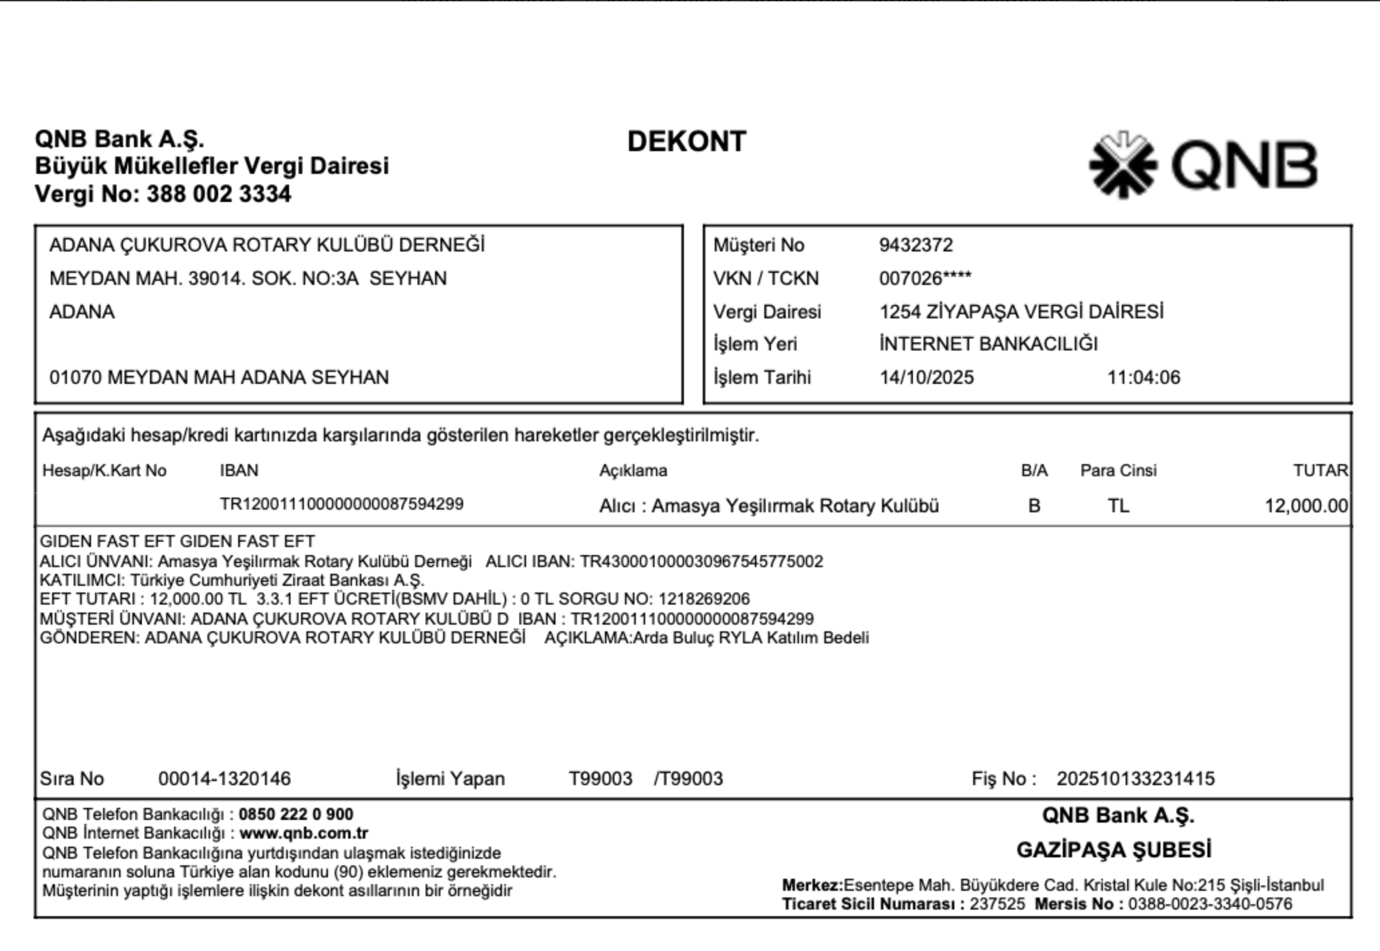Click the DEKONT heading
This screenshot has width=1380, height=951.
pyautogui.click(x=687, y=142)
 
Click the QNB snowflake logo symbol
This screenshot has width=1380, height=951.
pyautogui.click(x=1122, y=165)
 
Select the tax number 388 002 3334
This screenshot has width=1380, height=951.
pyautogui.click(x=219, y=195)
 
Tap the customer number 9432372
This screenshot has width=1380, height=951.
pyautogui.click(x=916, y=245)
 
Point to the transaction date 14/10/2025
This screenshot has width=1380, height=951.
pyautogui.click(x=926, y=378)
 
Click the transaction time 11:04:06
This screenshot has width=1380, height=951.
pyautogui.click(x=1144, y=378)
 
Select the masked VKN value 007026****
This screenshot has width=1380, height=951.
pyautogui.click(x=925, y=278)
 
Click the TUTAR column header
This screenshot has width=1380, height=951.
pyautogui.click(x=1320, y=471)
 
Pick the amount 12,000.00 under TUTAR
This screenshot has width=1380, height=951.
pyautogui.click(x=1306, y=506)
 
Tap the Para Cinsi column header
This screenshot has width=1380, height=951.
pyautogui.click(x=1118, y=471)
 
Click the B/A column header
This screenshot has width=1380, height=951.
pyautogui.click(x=1034, y=471)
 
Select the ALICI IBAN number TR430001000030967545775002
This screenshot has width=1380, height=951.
pyautogui.click(x=701, y=562)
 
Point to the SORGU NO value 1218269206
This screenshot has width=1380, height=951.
pyautogui.click(x=703, y=599)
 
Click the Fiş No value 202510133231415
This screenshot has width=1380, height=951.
pyautogui.click(x=1135, y=779)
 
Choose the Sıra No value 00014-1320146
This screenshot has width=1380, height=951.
pyautogui.click(x=224, y=779)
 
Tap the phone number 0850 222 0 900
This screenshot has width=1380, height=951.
pyautogui.click(x=296, y=815)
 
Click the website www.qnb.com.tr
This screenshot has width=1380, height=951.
pyautogui.click(x=304, y=833)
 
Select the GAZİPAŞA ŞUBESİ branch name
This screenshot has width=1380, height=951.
pyautogui.click(x=1114, y=851)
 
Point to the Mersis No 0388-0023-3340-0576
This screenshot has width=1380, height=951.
pyautogui.click(x=1210, y=905)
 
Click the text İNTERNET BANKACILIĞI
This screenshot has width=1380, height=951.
pyautogui.click(x=988, y=344)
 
